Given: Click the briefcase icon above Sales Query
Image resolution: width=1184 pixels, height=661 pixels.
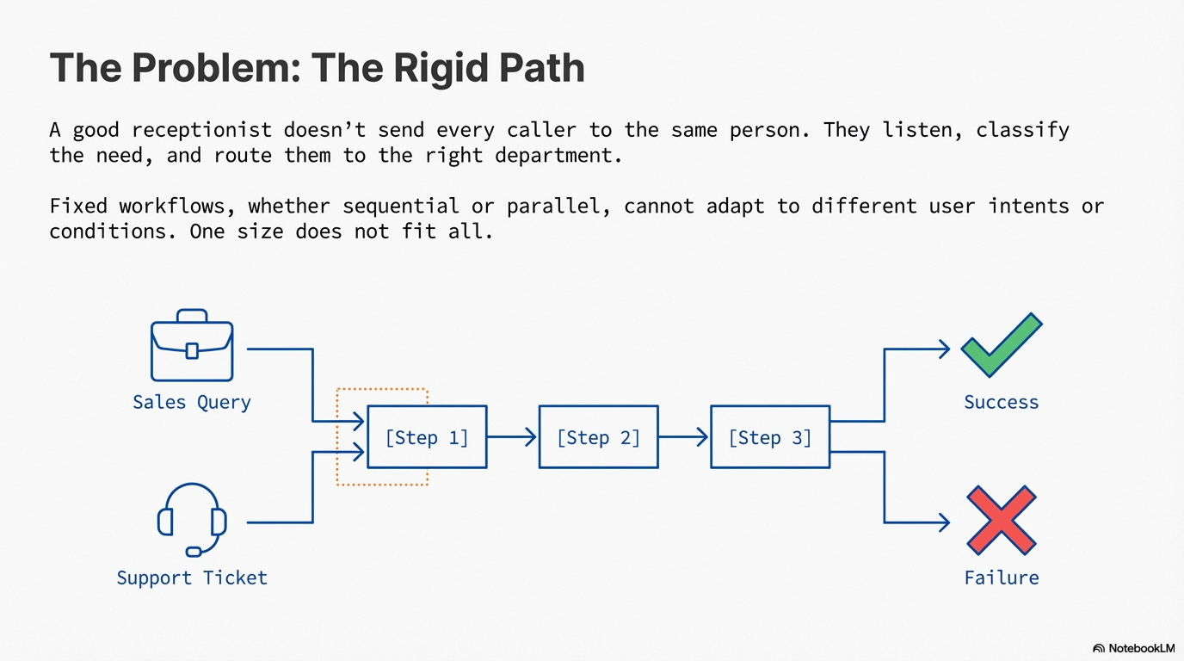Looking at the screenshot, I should point(192,346).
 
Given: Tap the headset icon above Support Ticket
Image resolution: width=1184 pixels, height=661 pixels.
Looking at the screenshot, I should point(192,519).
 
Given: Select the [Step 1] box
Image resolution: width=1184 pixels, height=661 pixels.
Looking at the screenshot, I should point(427,437).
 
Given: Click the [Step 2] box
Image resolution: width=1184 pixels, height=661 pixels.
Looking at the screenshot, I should point(598,437).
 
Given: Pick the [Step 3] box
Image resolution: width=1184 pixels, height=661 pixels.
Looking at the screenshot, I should point(770,437).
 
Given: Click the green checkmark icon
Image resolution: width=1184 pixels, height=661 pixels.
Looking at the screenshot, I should point(1001,345).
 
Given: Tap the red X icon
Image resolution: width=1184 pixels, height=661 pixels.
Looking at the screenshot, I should point(1001,520).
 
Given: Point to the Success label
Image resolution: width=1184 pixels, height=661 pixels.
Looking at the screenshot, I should point(1001,402).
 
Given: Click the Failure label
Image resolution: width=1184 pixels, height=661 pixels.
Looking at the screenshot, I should point(1001,578).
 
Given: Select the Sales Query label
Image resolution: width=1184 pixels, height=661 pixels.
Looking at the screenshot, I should point(192,402).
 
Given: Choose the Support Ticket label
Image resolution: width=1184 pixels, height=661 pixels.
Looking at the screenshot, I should point(192,578).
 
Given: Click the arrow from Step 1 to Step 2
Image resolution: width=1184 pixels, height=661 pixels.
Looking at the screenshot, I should point(512,437).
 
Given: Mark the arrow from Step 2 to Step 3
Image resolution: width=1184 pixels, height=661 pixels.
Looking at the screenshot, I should point(684,437).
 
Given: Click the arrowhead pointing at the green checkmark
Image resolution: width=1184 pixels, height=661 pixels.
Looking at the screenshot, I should point(944,349).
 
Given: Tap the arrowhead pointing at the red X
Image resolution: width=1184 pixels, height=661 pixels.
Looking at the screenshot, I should point(944,522).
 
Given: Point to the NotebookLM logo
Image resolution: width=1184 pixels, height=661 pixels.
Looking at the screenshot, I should point(1133,648).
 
